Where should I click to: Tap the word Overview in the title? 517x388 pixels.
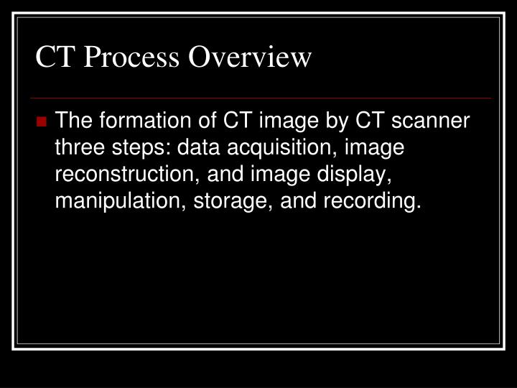pos(251,57)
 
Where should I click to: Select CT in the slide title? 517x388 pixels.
pos(55,57)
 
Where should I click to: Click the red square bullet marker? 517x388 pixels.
pos(43,121)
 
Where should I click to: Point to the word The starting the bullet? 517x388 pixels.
pos(73,121)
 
